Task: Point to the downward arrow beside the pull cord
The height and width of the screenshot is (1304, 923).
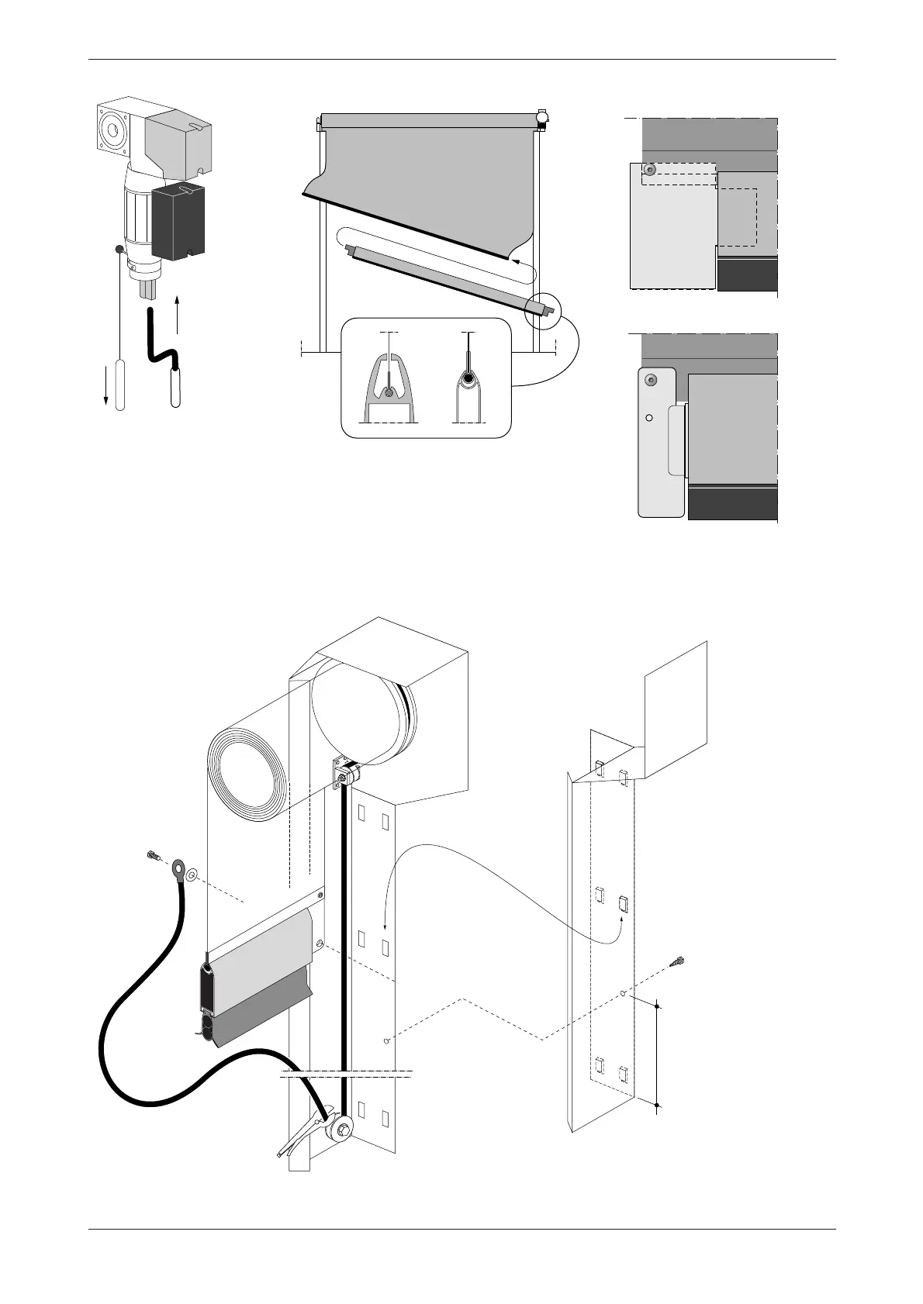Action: [x=105, y=380]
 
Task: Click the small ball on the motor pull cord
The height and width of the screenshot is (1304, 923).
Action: [x=119, y=250]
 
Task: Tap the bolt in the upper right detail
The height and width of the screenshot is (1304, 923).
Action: [x=650, y=169]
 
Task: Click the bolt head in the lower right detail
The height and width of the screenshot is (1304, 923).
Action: [x=650, y=379]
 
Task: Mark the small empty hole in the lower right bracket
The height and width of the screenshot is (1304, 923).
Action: [x=649, y=417]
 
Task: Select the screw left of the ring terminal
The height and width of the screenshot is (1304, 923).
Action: [x=153, y=857]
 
